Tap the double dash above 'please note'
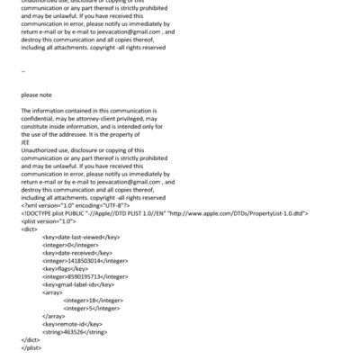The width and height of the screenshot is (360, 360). [23, 68]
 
